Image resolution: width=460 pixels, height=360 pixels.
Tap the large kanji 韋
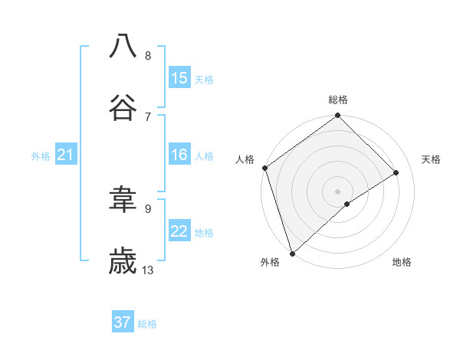tap(123, 200)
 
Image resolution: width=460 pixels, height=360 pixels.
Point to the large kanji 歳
tap(123, 261)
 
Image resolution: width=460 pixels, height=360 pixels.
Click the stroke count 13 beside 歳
tap(148, 270)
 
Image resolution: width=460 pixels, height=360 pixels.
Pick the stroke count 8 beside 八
tap(148, 55)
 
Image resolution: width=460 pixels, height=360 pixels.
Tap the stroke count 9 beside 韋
tap(148, 208)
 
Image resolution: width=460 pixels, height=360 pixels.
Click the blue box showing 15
tap(179, 77)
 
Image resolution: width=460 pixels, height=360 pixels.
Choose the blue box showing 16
tap(179, 155)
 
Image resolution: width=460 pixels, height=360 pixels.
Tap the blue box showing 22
tap(179, 231)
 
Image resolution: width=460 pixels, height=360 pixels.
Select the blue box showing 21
tap(66, 155)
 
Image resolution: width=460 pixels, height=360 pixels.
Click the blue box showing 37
tap(123, 322)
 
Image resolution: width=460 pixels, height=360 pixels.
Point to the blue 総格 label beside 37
tap(147, 324)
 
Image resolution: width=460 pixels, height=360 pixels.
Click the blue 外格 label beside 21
tap(41, 156)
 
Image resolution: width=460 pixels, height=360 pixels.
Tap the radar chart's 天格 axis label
tap(431, 159)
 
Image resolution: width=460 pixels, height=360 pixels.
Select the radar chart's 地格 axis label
tap(402, 262)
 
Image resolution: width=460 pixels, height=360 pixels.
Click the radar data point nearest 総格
tap(338, 116)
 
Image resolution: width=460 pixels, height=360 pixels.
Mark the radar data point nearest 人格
tap(264, 168)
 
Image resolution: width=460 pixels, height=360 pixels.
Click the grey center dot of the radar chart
tap(338, 191)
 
